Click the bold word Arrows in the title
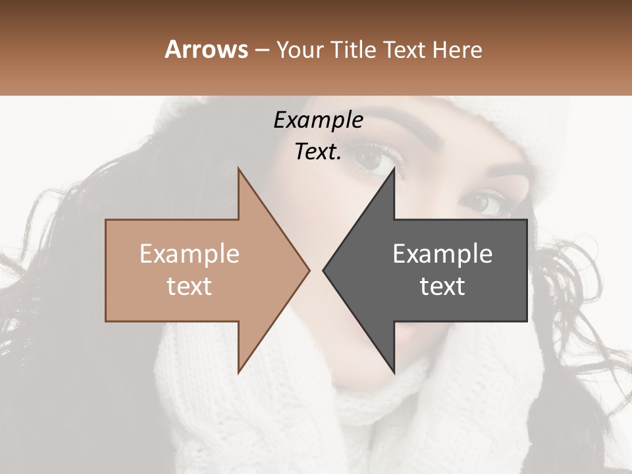coord(206,50)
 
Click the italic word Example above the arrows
coord(318,120)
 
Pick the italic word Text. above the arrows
coord(318,152)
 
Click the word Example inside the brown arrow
coord(190,254)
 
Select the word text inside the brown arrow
coord(190,286)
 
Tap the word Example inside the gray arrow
coord(442,254)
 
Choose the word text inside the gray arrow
coord(442,286)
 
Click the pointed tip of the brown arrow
coord(309,270)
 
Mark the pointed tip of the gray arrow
coord(324,270)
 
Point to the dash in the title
coord(261,51)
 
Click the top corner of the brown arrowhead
coord(239,169)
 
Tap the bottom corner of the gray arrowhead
coord(394,372)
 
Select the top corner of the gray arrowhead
coord(394,169)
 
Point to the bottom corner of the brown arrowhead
coord(239,372)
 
